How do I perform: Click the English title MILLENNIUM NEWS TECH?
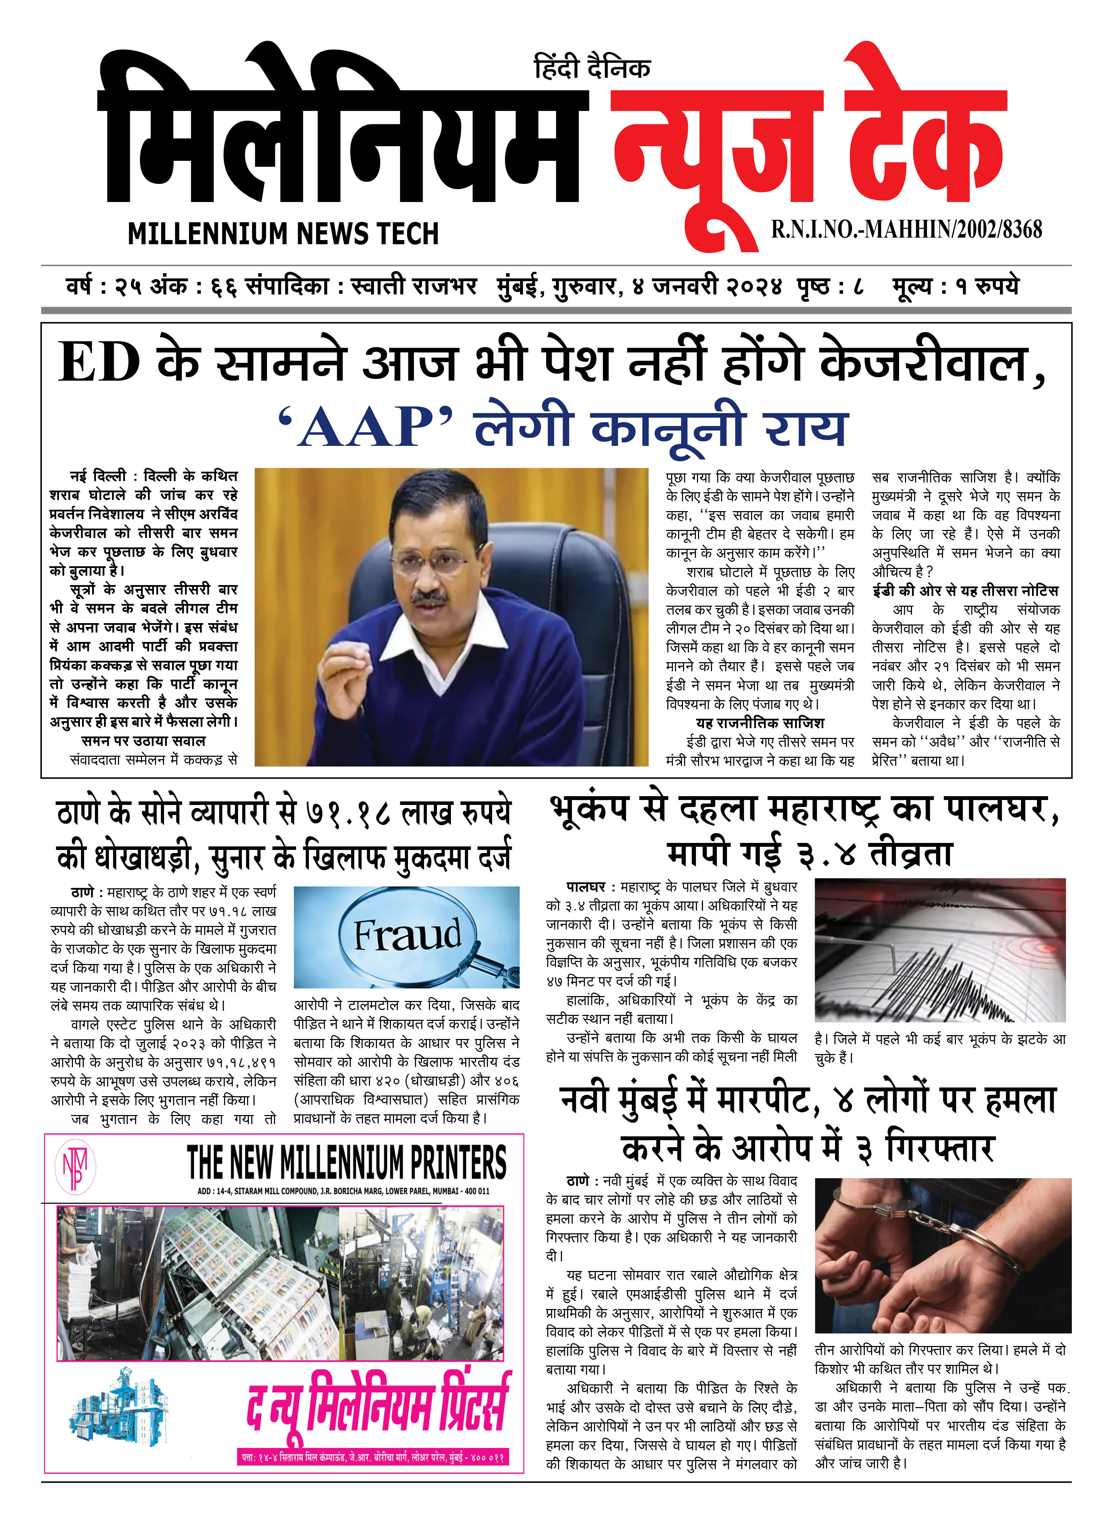click(283, 234)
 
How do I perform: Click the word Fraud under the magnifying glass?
click(408, 935)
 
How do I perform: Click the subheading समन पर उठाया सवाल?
click(143, 741)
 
